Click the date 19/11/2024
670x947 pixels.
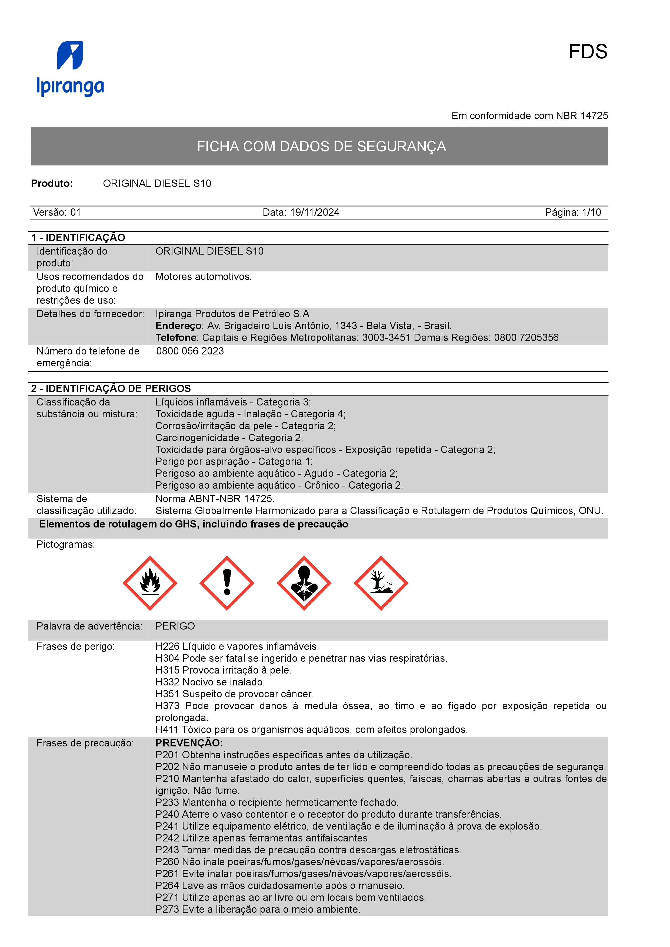point(315,212)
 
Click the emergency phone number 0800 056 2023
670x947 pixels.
point(190,351)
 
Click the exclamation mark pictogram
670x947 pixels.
point(227,583)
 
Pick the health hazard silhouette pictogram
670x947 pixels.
point(304,583)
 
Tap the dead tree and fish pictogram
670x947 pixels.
point(381,583)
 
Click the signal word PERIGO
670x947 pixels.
point(175,626)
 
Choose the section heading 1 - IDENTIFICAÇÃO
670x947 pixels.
point(78,238)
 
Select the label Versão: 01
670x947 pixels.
point(57,212)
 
